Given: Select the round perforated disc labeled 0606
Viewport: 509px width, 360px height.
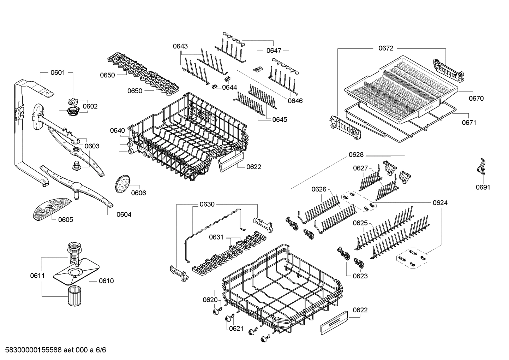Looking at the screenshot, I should tap(122, 184).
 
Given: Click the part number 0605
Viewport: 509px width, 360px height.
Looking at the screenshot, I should tap(66, 220).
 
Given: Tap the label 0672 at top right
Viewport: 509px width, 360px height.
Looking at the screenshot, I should tap(385, 48).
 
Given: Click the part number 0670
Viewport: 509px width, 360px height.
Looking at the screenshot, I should tap(476, 99).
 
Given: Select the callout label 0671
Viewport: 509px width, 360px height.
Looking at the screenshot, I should tap(469, 123).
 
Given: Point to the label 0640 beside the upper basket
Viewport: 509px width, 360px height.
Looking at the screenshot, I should tap(117, 130).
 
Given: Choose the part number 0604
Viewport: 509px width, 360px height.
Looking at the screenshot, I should tap(124, 214).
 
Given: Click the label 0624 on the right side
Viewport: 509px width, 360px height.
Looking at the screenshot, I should tap(440, 202).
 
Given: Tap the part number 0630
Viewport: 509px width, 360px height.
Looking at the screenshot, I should tap(207, 204).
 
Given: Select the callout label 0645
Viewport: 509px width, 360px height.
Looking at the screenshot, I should tap(280, 119).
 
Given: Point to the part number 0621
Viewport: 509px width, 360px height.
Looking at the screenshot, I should tap(236, 328).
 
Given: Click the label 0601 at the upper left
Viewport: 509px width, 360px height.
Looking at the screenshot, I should tap(58, 72).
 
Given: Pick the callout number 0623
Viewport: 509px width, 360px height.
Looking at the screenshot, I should tap(360, 276).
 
